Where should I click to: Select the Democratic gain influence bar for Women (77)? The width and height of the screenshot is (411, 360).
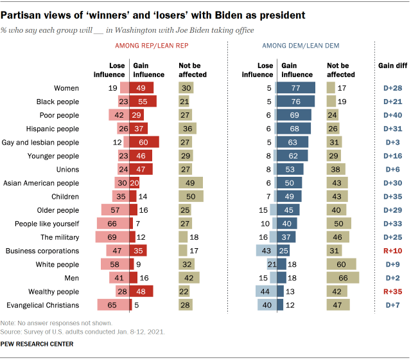[297, 88]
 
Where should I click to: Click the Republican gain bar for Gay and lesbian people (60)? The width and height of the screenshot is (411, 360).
[144, 142]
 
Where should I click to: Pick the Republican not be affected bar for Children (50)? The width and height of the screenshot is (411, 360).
[191, 196]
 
